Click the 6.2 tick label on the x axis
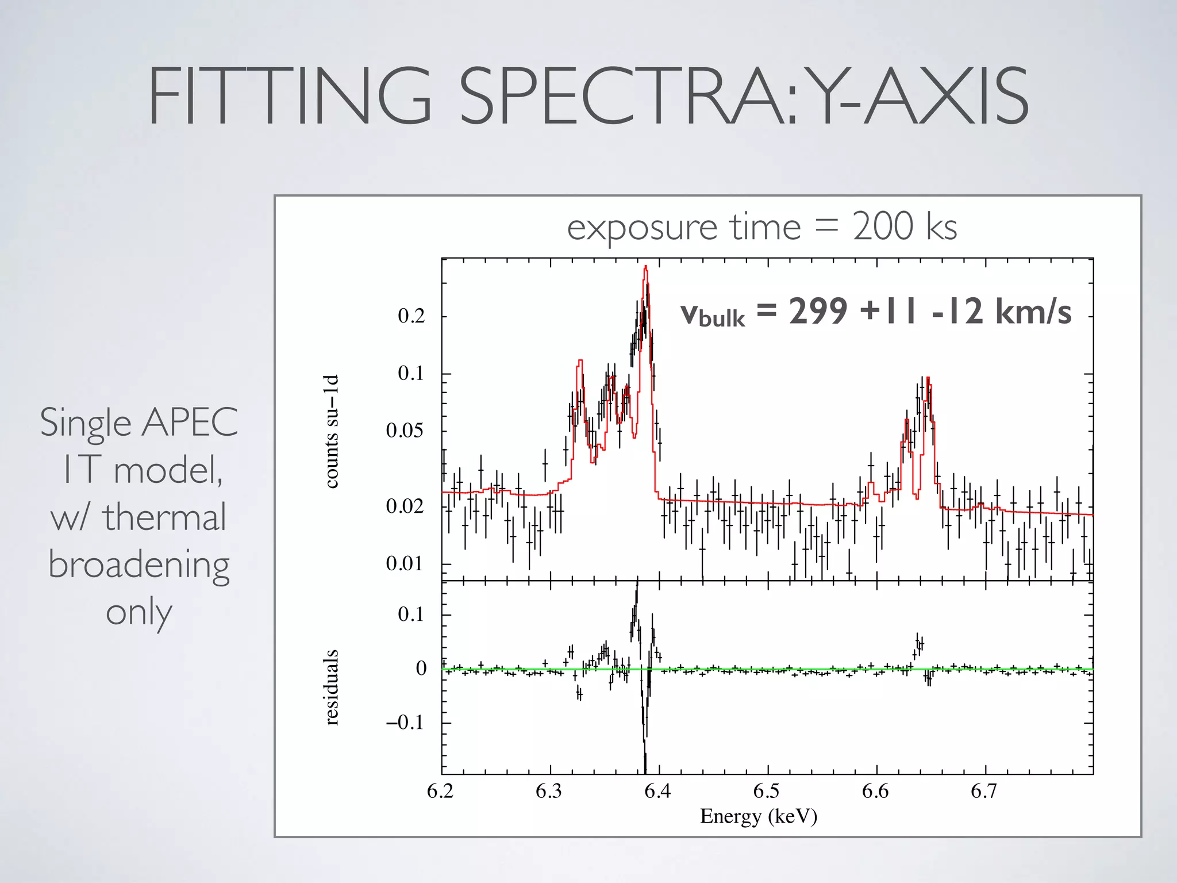click(x=440, y=792)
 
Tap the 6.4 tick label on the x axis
click(x=657, y=792)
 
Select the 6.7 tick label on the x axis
click(x=984, y=792)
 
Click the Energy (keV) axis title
click(x=758, y=816)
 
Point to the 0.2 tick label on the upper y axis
click(x=411, y=316)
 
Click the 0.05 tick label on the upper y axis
click(x=405, y=431)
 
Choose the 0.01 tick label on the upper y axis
click(x=405, y=563)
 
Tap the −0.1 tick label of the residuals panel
click(x=405, y=723)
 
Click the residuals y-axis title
click(x=332, y=687)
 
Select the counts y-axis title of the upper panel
click(x=332, y=431)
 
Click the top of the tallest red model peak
click(x=646, y=267)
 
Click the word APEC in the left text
click(x=190, y=423)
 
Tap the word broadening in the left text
click(x=139, y=565)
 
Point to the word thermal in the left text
click(x=164, y=517)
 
